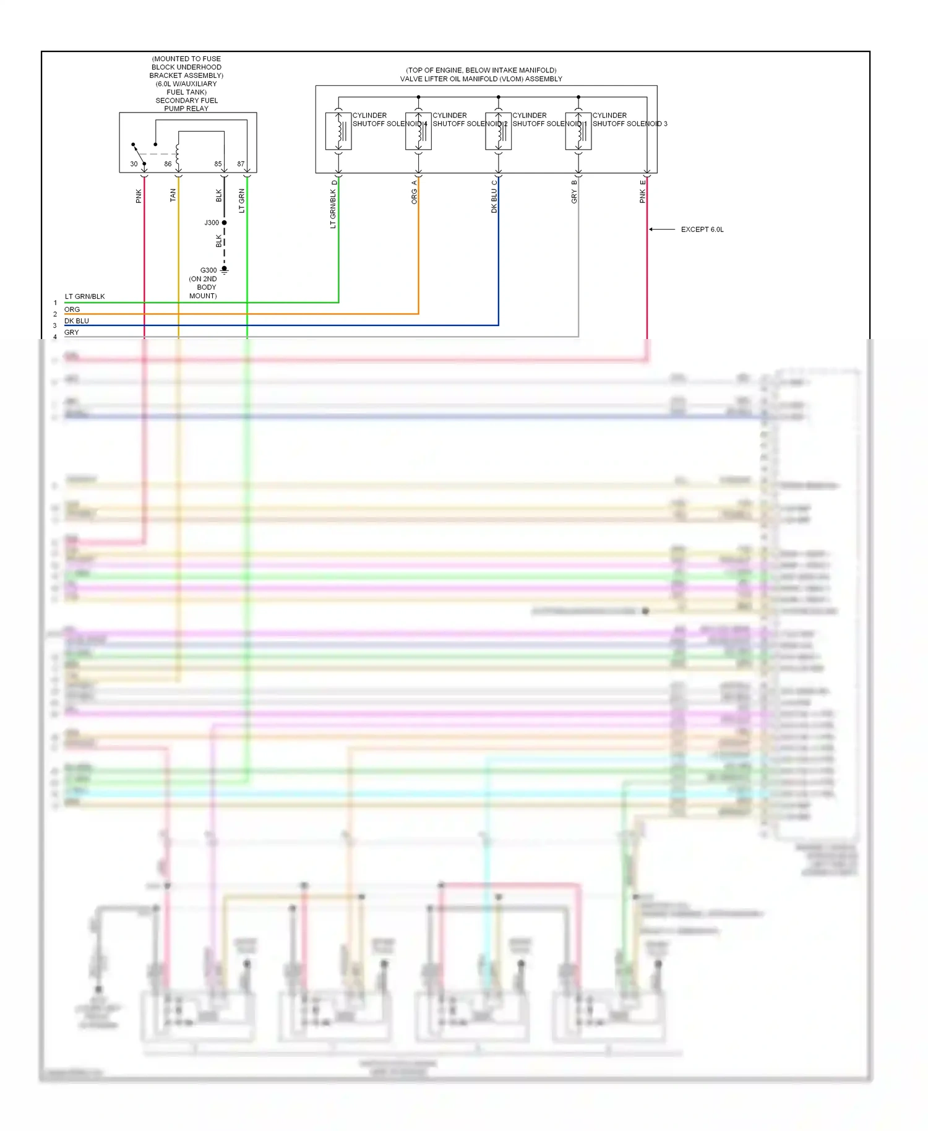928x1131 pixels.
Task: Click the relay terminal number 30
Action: coord(134,164)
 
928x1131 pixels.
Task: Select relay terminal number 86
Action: coord(168,164)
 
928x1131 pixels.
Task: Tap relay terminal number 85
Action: coord(218,164)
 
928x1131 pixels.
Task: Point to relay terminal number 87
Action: coord(241,164)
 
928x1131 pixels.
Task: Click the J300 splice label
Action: coord(212,223)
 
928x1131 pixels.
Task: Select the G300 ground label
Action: coord(208,270)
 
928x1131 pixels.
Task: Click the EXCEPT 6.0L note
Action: coord(702,230)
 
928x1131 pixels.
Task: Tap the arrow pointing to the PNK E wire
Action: coord(661,230)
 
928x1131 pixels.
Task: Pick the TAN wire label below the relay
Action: coord(173,195)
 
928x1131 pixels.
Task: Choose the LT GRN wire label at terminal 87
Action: coord(242,201)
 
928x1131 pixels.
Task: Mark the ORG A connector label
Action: coord(415,192)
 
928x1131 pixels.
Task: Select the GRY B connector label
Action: coord(574,192)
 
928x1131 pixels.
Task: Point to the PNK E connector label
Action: coord(643,192)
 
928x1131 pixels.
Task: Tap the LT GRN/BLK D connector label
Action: coord(333,205)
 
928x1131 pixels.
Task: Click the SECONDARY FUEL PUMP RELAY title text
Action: coord(186,105)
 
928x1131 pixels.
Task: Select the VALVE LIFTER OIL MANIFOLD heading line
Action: coord(481,79)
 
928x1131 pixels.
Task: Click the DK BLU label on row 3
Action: coord(77,320)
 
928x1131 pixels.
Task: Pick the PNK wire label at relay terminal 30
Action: coord(139,196)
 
